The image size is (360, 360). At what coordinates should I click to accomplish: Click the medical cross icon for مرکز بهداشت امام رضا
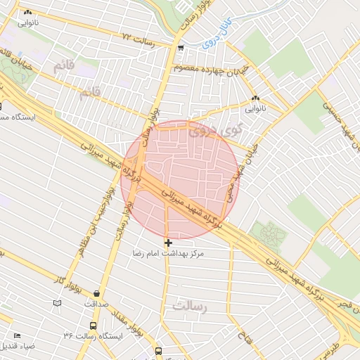coord(167,243)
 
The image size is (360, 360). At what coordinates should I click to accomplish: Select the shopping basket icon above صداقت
coord(96,294)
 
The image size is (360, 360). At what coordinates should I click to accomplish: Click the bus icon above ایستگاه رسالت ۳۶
coord(93,326)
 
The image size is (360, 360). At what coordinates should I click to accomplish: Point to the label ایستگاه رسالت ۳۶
coord(92,336)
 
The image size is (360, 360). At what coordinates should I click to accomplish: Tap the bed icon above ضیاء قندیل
coord(18,336)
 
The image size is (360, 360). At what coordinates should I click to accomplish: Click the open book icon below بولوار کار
coord(57,303)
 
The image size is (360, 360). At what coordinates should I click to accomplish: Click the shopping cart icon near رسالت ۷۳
coord(181,49)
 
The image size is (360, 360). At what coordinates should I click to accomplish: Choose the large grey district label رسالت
coord(191,306)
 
